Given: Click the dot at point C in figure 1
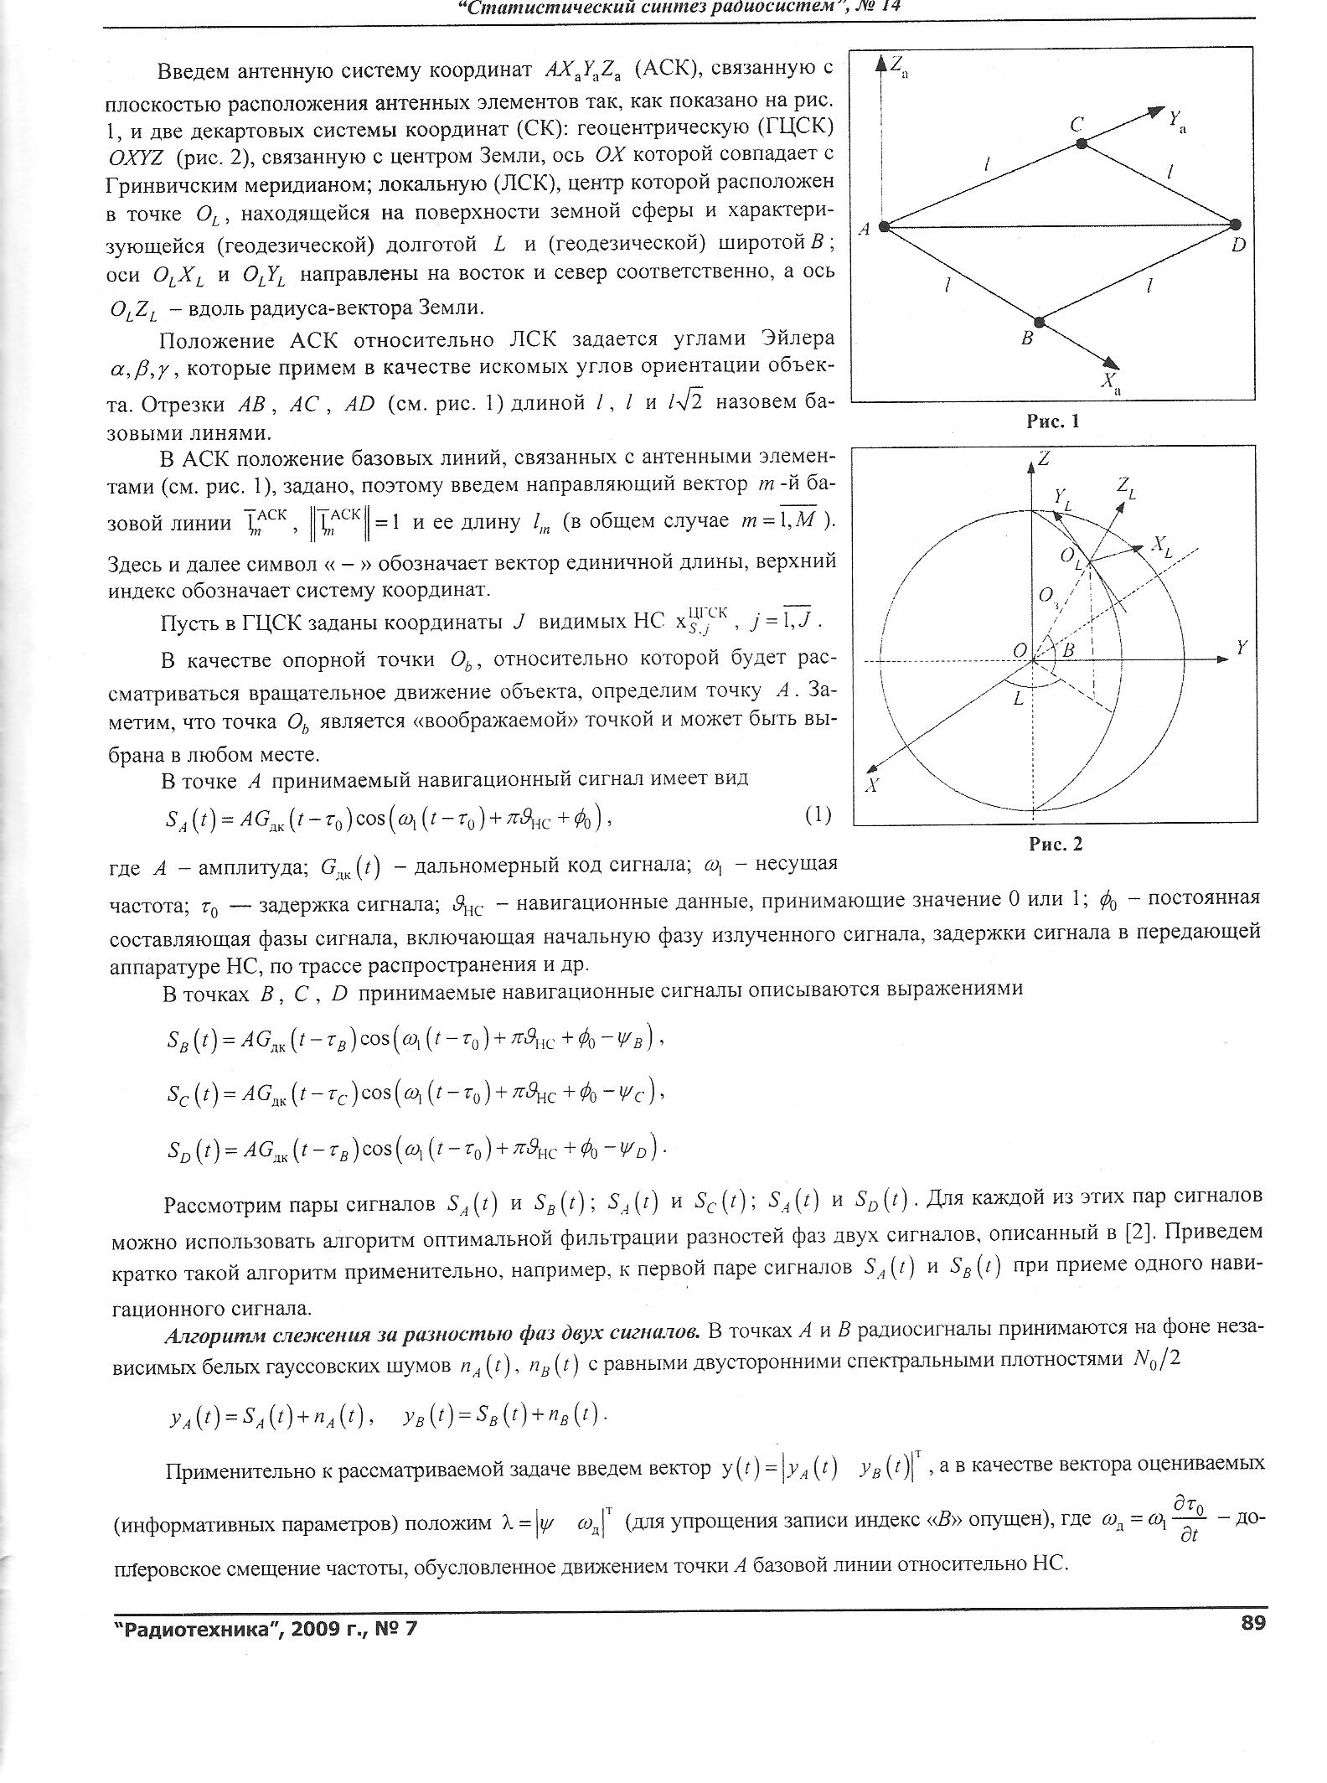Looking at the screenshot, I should tap(1082, 144).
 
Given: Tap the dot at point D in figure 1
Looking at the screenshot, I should tap(1236, 225).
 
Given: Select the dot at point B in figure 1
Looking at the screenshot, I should tap(1039, 322).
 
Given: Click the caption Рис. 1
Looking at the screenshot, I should tap(1053, 421).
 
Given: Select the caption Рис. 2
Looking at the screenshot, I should tap(1056, 845).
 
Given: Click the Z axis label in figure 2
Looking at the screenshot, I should tap(1044, 459).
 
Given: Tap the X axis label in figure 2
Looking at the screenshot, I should tap(872, 785).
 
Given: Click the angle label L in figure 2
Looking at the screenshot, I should tap(1018, 698).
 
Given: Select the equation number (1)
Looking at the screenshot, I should tap(818, 815).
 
